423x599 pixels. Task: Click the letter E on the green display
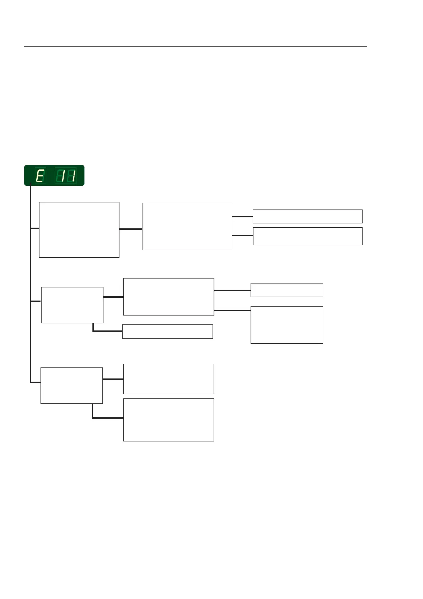pos(40,176)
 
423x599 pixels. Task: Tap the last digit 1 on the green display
pos(72,176)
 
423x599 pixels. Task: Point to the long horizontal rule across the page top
pos(195,46)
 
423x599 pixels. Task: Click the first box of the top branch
pos(79,230)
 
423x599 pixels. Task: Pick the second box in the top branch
pos(187,226)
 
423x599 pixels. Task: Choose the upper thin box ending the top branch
pos(307,216)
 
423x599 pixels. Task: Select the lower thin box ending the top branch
pos(307,236)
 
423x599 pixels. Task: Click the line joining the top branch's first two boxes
pos(131,229)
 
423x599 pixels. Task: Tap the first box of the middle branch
pos(72,305)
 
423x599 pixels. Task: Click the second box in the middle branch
pos(168,297)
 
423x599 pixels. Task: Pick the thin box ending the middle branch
pos(287,290)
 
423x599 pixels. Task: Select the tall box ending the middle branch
pos(287,325)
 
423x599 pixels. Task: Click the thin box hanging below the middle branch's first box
pos(167,331)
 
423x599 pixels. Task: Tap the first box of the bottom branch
pos(71,386)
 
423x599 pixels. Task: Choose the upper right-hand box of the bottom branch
pos(168,379)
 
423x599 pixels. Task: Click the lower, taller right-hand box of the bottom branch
pos(168,420)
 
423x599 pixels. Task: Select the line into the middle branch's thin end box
pos(232,291)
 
